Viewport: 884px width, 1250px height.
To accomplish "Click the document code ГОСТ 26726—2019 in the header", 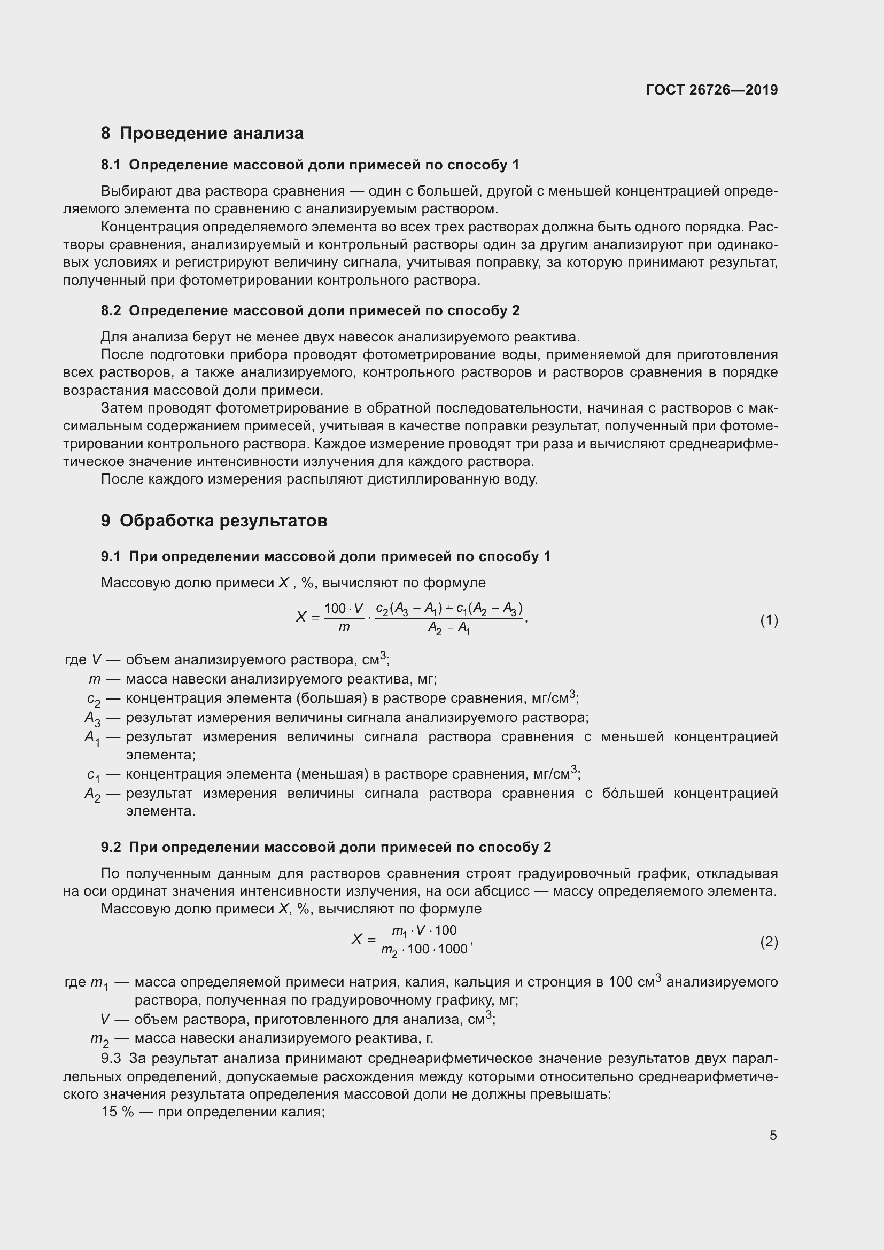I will coord(711,90).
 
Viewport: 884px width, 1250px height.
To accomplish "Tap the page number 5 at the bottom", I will coord(773,1135).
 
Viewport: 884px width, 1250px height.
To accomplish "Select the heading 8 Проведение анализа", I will coord(202,134).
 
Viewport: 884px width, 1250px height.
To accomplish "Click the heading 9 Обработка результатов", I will coord(214,521).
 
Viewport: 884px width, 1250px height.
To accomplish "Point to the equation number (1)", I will coord(769,620).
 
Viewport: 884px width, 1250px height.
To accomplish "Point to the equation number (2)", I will coord(769,941).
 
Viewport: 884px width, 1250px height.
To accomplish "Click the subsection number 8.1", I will coord(111,165).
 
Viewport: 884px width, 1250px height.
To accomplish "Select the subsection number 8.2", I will coord(111,310).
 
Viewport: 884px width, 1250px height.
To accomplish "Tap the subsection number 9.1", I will coord(111,556).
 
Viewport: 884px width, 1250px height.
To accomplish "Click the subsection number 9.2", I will coord(111,847).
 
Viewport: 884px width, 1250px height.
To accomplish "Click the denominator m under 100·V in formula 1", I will coord(344,628).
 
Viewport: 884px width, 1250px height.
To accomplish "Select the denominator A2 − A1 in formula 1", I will coord(449,629).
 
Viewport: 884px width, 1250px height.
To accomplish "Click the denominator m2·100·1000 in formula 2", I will coord(424,950).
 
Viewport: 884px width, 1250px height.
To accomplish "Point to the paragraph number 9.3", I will coord(111,1058).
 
